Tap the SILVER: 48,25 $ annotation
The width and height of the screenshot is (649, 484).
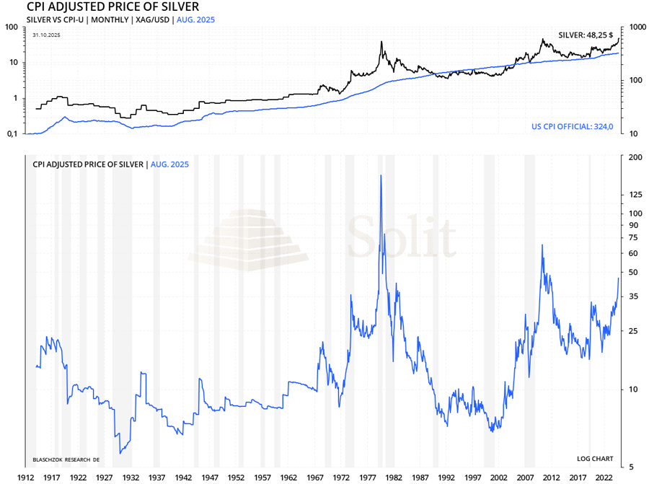tap(586, 35)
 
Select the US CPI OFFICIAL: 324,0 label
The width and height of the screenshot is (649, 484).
tap(572, 127)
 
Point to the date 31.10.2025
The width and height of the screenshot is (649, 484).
tap(47, 35)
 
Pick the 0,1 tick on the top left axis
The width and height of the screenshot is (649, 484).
tap(12, 134)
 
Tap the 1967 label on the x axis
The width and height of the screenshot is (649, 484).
tap(314, 478)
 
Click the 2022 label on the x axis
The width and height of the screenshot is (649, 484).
tap(604, 478)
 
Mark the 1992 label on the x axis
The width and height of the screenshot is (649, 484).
tap(446, 478)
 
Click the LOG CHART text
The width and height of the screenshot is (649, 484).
tap(595, 459)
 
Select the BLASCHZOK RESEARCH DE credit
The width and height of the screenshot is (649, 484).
tap(66, 459)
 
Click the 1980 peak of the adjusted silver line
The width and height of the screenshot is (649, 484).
tap(380, 175)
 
